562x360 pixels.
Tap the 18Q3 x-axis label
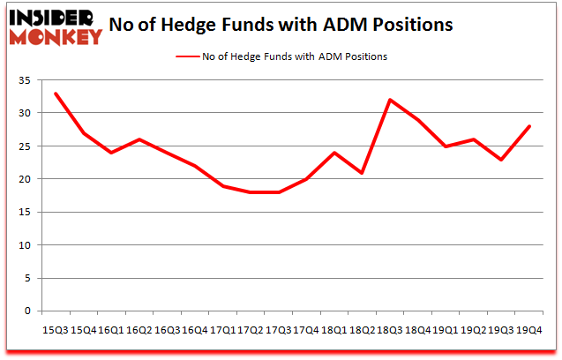[389, 329]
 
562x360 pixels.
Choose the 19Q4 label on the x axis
[528, 329]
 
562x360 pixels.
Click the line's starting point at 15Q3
[55, 94]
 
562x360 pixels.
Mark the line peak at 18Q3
[389, 100]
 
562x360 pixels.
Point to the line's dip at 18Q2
[362, 172]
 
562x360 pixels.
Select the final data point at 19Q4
[528, 126]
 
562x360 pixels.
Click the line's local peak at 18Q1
[334, 153]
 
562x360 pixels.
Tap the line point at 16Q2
[139, 139]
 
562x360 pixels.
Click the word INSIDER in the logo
[51, 17]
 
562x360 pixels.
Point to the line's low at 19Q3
[500, 159]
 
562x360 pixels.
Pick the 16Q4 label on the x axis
[194, 329]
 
